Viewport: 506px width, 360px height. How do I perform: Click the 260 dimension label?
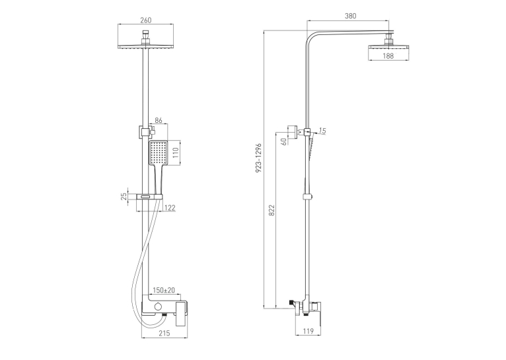pos(145,20)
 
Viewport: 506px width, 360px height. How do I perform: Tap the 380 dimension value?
pos(351,16)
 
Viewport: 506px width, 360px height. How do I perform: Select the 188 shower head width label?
pos(388,55)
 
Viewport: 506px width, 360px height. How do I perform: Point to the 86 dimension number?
pos(159,121)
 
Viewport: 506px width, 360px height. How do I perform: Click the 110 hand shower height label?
pos(176,153)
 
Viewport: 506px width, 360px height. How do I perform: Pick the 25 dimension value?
pos(124,196)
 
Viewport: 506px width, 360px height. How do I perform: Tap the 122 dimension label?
pos(170,207)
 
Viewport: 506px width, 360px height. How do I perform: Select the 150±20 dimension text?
pos(164,291)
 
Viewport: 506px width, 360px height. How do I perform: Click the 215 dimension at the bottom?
pos(164,333)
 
